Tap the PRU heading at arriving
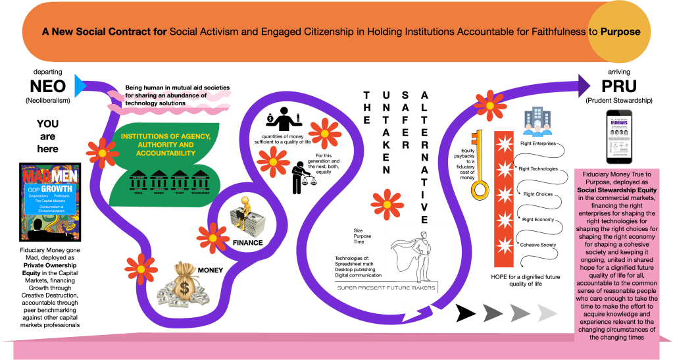(618, 86)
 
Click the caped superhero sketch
(419, 252)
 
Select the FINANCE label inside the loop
(247, 243)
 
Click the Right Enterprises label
(538, 143)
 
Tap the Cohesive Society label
(539, 245)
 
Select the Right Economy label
(538, 219)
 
